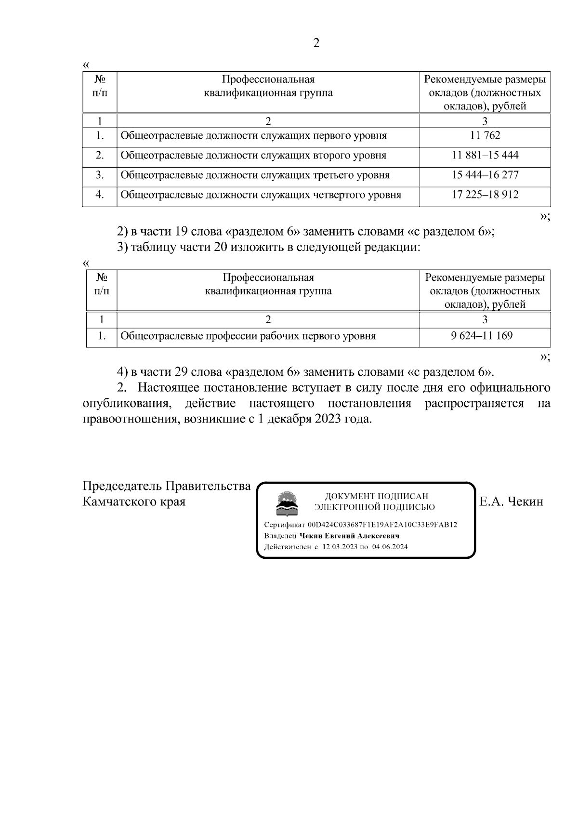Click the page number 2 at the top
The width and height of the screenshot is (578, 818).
click(x=316, y=43)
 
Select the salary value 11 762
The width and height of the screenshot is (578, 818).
click(x=485, y=135)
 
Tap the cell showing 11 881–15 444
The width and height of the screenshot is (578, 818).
click(x=485, y=155)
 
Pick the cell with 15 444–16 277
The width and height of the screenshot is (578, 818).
click(x=485, y=175)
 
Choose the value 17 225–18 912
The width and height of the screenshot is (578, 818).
click(x=485, y=195)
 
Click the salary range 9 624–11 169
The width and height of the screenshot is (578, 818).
click(x=482, y=336)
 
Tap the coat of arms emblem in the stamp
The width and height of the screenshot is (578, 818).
click(x=286, y=503)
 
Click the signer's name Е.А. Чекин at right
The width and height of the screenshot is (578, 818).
click(x=511, y=501)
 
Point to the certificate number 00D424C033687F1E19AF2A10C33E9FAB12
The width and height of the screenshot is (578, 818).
click(x=382, y=525)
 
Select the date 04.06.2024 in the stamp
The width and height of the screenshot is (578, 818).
click(x=390, y=547)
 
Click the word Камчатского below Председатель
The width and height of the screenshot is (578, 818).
click(x=118, y=501)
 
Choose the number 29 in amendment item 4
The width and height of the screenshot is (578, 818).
click(x=181, y=372)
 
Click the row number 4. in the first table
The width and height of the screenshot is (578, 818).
click(x=100, y=195)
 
